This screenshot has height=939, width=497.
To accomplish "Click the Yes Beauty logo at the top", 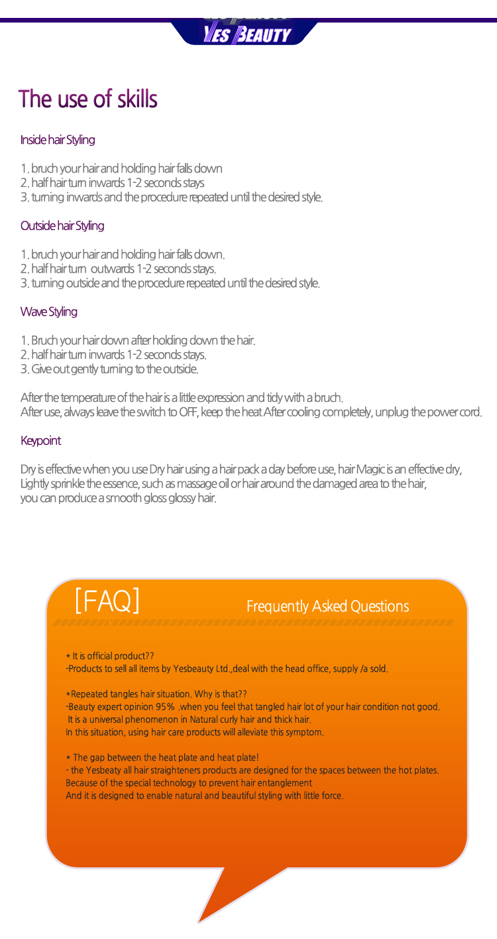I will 247,34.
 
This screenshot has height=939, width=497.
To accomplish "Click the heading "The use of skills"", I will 87,99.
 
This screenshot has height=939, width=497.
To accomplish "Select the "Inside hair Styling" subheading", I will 58,140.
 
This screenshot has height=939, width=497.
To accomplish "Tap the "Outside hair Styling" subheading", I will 62,225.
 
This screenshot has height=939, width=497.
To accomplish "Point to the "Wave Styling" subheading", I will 48,312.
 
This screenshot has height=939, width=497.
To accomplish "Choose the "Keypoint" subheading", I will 40,441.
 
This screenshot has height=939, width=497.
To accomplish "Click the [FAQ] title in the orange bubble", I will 107,600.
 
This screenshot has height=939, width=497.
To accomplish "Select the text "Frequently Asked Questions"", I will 327,606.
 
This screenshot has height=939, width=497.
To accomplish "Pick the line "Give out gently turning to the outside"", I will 109,369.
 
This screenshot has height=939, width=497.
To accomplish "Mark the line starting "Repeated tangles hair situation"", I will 156,694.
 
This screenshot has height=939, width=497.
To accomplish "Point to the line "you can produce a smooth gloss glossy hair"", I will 118,498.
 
